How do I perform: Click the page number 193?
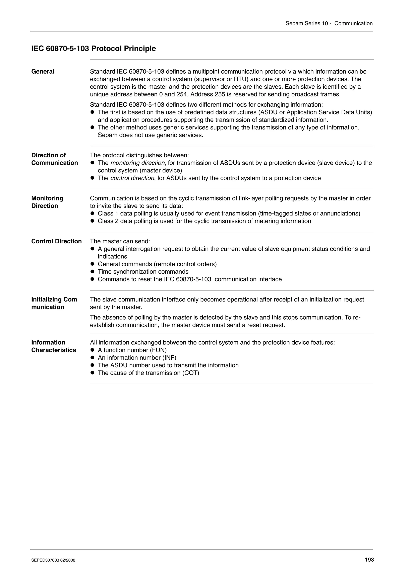point(369,560)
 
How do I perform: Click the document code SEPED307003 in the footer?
point(45,560)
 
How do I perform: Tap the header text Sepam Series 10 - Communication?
point(329,23)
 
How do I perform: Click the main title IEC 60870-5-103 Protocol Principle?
point(94,49)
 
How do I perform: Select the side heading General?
point(43,72)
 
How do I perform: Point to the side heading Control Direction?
point(56,241)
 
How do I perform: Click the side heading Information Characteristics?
point(53,346)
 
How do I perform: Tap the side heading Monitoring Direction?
point(47,202)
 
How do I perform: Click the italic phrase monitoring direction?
point(137,163)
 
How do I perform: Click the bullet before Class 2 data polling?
point(93,221)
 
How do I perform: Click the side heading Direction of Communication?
point(54,159)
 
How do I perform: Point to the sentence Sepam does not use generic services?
point(151,135)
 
